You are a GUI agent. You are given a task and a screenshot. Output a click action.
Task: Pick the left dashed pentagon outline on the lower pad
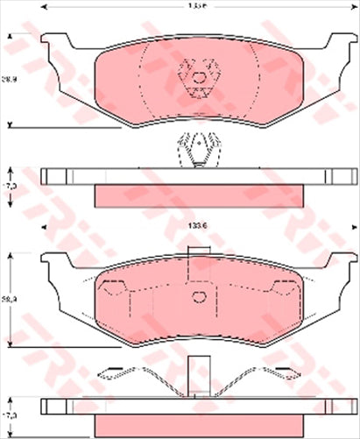[114, 287]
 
